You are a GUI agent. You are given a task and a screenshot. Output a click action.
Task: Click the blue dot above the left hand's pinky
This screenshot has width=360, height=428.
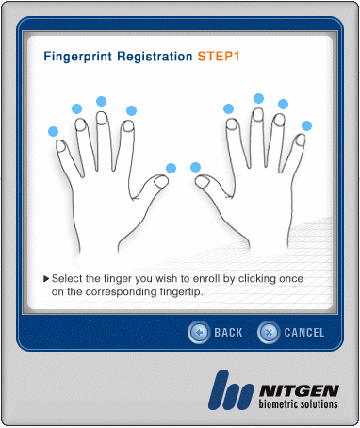[x=53, y=131]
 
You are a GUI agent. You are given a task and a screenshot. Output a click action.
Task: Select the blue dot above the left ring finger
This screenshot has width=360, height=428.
[x=76, y=108]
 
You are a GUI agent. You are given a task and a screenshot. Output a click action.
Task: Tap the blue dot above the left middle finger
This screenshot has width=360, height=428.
[x=101, y=101]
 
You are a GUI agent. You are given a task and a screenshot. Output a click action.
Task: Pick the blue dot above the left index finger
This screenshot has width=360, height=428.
[x=131, y=110]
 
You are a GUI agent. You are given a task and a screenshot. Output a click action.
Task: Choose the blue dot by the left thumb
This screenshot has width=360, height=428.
[x=171, y=168]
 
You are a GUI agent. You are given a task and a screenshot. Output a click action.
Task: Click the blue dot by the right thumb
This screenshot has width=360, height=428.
[x=195, y=167]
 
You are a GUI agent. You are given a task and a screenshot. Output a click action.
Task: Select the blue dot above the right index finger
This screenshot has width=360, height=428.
[x=228, y=109]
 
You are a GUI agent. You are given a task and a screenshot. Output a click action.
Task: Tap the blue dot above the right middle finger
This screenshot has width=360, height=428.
[x=258, y=98]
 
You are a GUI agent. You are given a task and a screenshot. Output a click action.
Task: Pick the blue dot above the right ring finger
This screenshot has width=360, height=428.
[x=283, y=104]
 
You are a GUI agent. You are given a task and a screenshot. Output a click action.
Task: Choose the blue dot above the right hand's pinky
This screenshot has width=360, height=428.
[x=306, y=126]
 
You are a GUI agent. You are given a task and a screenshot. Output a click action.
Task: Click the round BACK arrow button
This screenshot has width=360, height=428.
[x=199, y=332]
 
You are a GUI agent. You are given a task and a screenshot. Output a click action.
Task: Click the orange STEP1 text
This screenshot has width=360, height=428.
[x=219, y=57]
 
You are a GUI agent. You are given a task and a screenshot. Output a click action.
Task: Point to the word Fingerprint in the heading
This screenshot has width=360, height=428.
[x=77, y=57]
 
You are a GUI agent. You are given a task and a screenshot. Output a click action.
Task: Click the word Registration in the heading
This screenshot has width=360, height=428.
[x=155, y=57]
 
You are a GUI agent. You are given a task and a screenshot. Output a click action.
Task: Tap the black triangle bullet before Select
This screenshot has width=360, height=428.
[x=46, y=278]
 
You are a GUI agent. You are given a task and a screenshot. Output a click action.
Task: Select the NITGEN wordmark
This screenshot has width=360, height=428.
[x=299, y=391]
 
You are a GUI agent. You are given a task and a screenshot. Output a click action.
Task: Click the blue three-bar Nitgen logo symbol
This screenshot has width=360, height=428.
[x=231, y=390]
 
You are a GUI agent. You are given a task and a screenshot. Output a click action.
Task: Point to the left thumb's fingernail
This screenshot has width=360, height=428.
[x=161, y=181]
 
